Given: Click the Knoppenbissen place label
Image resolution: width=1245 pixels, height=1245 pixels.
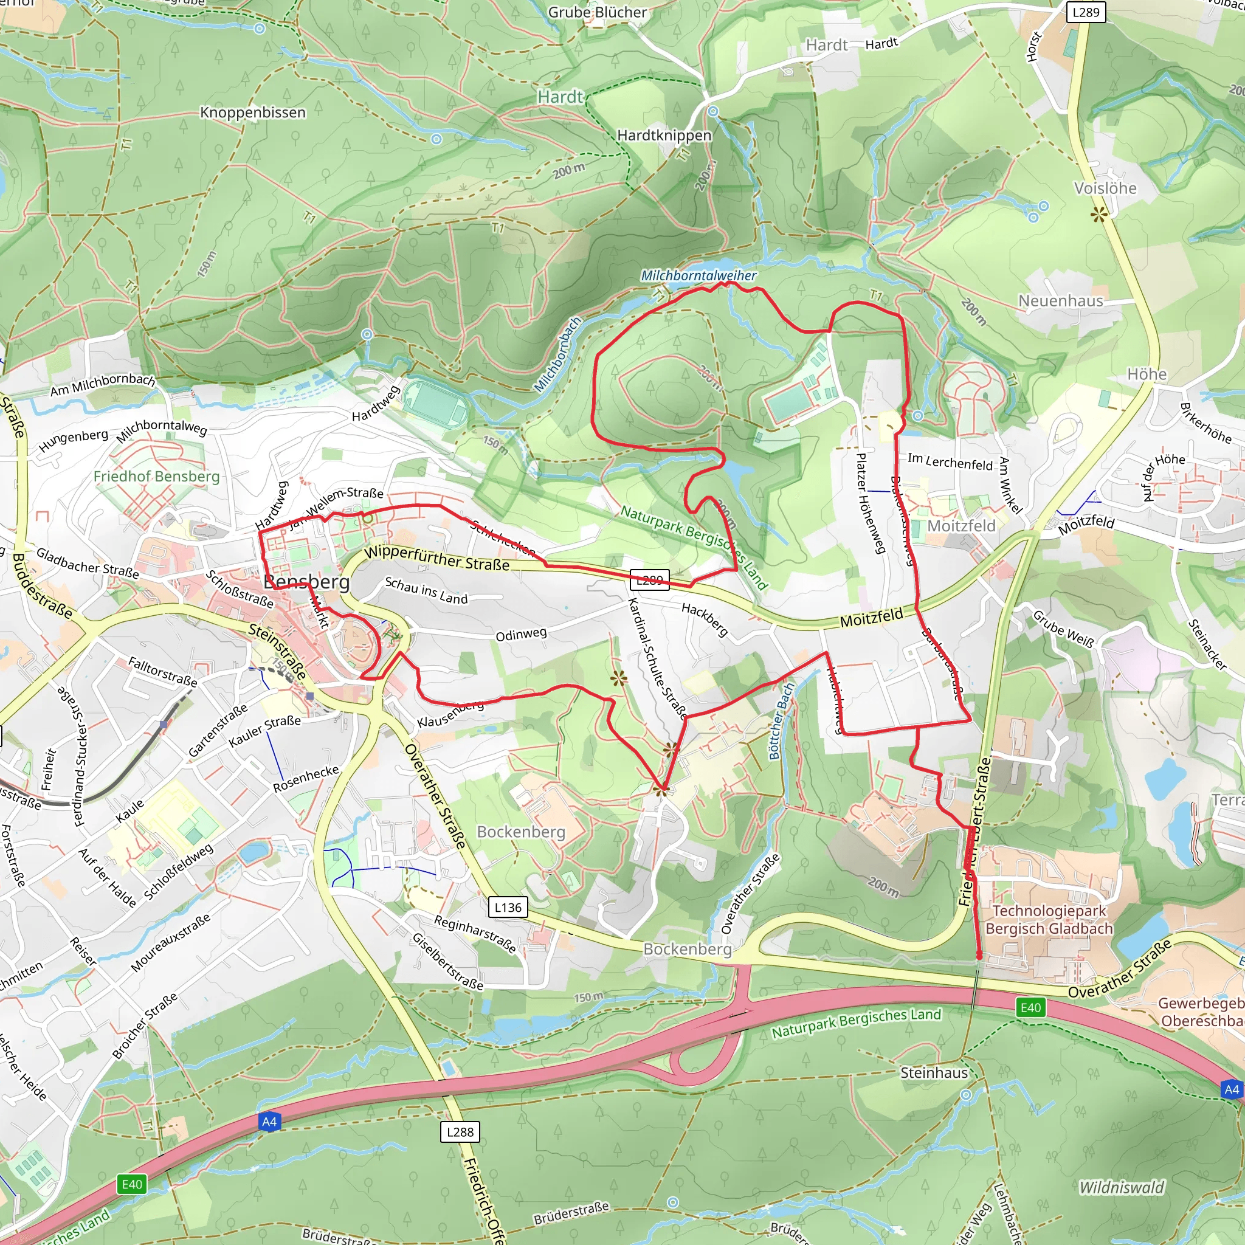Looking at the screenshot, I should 253,113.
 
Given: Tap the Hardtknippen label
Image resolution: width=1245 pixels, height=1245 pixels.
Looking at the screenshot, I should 664,136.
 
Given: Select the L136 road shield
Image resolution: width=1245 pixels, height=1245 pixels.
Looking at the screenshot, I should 508,908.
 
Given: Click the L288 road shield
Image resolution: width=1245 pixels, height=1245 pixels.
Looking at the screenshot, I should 460,1131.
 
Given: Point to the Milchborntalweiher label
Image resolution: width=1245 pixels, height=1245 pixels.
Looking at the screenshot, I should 698,276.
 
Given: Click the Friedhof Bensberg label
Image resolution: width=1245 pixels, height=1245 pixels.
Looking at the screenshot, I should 157,476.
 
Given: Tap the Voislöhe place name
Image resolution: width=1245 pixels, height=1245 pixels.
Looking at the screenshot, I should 1105,188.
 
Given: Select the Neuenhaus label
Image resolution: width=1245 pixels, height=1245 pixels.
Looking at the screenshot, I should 1060,301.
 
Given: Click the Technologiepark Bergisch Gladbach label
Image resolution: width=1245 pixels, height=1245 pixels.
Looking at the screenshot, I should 1049,920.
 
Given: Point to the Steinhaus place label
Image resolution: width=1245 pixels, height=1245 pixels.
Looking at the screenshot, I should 934,1072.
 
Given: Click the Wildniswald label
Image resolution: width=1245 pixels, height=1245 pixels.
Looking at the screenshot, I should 1122,1187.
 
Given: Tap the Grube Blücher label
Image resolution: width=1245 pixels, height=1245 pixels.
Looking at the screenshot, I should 597,12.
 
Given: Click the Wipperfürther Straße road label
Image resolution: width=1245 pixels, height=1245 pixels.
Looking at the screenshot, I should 436,558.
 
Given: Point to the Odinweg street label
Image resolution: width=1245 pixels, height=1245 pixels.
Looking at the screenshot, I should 521,635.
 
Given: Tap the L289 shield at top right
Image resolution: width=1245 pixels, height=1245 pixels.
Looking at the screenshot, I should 1085,12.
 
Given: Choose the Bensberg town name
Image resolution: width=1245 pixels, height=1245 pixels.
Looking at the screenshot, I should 307,582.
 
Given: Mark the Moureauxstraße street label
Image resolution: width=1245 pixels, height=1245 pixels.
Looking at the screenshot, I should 170,942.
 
